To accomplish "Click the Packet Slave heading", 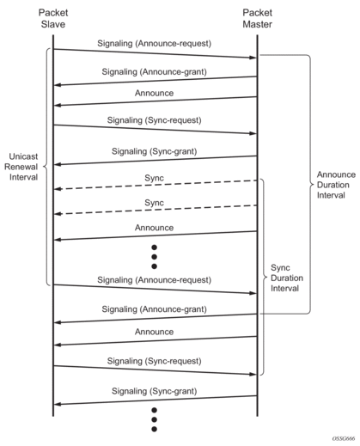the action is (53, 18).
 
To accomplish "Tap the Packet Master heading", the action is (257, 18).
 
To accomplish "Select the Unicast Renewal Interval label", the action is (21, 167).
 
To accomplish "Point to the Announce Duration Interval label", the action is (336, 185).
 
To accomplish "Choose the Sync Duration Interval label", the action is (287, 278).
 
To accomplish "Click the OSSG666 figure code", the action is (344, 439).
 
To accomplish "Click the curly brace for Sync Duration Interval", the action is (265, 277).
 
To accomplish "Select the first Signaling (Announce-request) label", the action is (154, 44).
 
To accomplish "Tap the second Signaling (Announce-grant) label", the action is (154, 309).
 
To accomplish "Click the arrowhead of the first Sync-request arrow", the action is (253, 133).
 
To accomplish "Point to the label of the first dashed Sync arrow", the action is (154, 178).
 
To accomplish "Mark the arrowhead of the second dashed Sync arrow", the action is (58, 214).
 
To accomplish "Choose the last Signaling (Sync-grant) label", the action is (154, 391).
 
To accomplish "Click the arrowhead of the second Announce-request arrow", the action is (253, 293).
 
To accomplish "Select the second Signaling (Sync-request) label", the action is (154, 361).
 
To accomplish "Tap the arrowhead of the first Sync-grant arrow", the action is (58, 165).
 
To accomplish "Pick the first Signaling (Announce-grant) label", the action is (154, 71).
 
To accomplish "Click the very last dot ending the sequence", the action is (154, 429).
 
